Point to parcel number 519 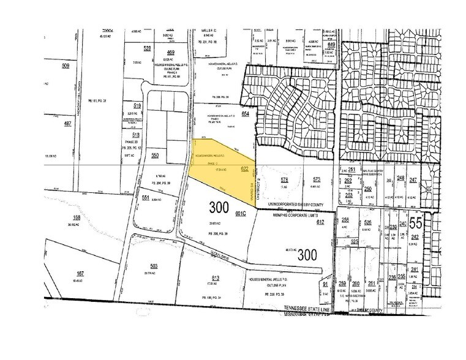[137, 105]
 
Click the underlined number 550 [155, 156]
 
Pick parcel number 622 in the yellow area [244, 168]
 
